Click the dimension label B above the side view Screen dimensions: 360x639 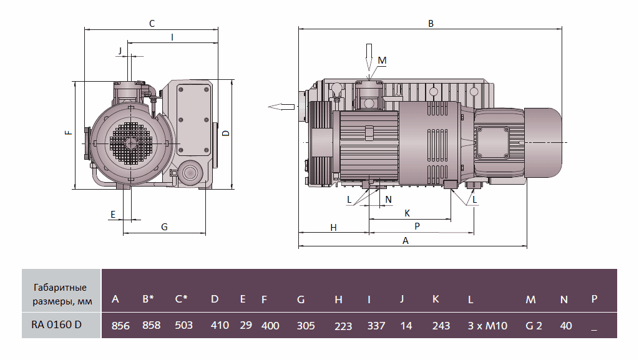coord(431,24)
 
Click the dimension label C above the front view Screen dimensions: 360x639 coord(152,24)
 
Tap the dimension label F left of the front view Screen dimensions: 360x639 coord(67,132)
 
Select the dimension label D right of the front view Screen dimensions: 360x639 coord(227,132)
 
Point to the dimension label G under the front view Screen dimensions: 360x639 coord(164,227)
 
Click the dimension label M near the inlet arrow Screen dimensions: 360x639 coord(383,60)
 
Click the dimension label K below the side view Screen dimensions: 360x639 coord(407,213)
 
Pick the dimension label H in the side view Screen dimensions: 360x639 coord(334,228)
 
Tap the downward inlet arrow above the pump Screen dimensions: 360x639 coord(368,59)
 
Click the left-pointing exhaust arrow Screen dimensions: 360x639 coord(281,106)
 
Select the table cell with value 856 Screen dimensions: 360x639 coord(120,325)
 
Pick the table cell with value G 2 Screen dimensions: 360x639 coord(534,325)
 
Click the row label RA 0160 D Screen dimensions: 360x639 coord(56,324)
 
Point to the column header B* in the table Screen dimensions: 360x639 coord(149,299)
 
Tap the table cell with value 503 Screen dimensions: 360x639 coord(183,325)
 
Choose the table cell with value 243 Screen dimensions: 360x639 coord(441,325)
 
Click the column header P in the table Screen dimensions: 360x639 coord(594,299)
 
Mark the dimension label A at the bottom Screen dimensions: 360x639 coord(406,241)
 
